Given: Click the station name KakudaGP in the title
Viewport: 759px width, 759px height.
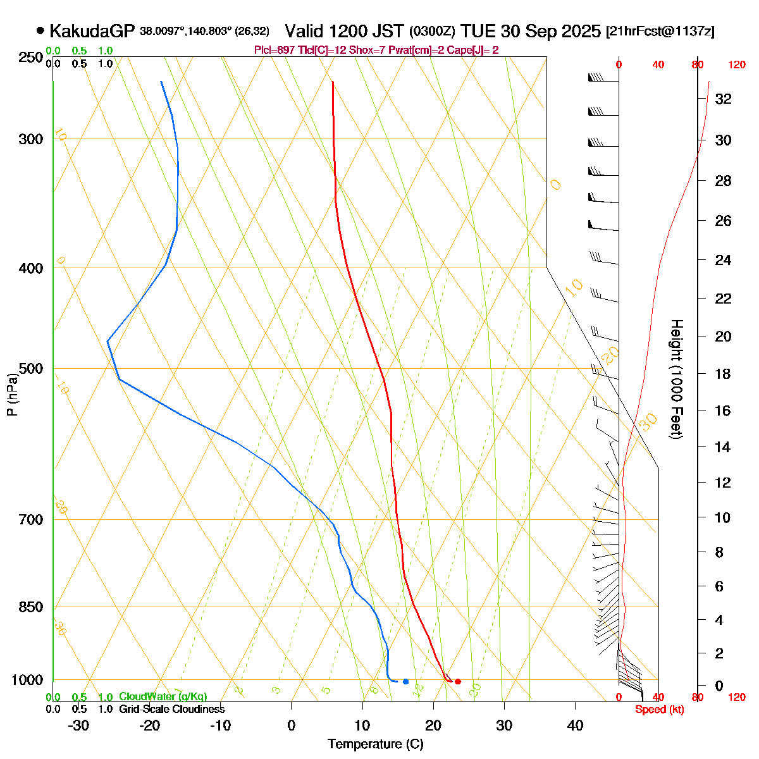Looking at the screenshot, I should (x=92, y=30).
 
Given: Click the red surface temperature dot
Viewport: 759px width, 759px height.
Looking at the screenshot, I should (x=458, y=681).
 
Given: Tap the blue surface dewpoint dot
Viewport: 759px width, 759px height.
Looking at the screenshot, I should (x=405, y=681).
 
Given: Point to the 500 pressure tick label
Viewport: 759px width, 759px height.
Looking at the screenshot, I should (x=30, y=368).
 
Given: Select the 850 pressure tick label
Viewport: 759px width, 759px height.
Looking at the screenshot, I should (x=30, y=607).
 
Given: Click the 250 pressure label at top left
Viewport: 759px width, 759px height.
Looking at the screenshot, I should (x=30, y=58).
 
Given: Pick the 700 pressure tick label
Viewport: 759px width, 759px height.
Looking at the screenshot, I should (x=30, y=519).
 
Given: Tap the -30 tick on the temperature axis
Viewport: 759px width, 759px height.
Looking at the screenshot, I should (x=78, y=725).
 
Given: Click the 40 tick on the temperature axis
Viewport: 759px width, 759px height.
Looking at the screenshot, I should (x=575, y=725).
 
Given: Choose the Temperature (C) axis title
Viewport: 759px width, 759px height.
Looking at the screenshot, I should (x=375, y=744).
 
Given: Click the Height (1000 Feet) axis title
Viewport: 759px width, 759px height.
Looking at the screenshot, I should (x=676, y=379).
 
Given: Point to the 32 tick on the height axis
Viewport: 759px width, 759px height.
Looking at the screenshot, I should (x=723, y=99).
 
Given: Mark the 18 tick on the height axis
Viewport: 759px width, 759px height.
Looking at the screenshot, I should (x=723, y=374).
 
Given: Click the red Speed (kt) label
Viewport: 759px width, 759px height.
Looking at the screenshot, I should (x=660, y=710).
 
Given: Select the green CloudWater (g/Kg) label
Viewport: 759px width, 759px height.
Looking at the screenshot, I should (x=163, y=697).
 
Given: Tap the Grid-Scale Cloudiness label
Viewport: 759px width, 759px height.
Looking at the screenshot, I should (x=171, y=710).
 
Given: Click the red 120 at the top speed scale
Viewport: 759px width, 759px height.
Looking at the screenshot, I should (x=736, y=65).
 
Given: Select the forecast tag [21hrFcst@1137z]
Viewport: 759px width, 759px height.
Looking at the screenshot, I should (x=660, y=32).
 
